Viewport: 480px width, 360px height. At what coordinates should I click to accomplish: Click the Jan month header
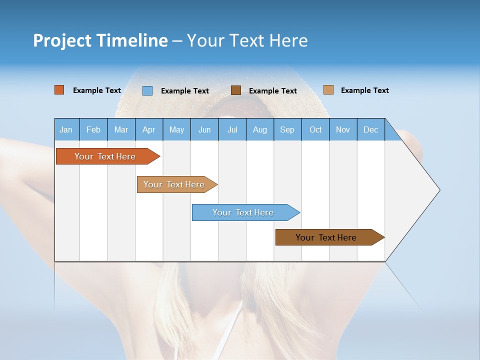[x=66, y=129]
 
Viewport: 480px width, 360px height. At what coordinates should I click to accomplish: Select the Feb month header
[x=93, y=129]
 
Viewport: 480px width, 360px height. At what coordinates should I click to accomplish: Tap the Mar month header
[x=121, y=129]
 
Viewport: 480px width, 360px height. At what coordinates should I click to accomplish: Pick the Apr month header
[x=149, y=129]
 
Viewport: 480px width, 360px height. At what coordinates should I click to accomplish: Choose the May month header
[x=176, y=129]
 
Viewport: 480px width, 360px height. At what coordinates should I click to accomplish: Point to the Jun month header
[x=204, y=129]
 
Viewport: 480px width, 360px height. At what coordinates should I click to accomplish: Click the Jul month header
[x=232, y=129]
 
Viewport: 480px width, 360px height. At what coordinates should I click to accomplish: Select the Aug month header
[x=260, y=129]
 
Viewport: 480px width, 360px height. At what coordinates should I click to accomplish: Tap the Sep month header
[x=287, y=129]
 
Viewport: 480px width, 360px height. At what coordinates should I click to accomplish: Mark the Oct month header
[x=315, y=129]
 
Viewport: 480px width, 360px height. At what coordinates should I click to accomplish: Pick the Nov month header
[x=343, y=129]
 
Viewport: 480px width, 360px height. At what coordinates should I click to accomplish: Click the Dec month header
[x=371, y=129]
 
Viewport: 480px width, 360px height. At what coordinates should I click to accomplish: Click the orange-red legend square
[x=59, y=90]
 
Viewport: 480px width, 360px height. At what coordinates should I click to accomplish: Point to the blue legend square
[x=147, y=90]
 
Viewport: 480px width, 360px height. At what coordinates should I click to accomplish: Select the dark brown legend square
[x=236, y=90]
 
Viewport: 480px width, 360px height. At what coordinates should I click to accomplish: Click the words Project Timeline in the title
[x=100, y=40]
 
